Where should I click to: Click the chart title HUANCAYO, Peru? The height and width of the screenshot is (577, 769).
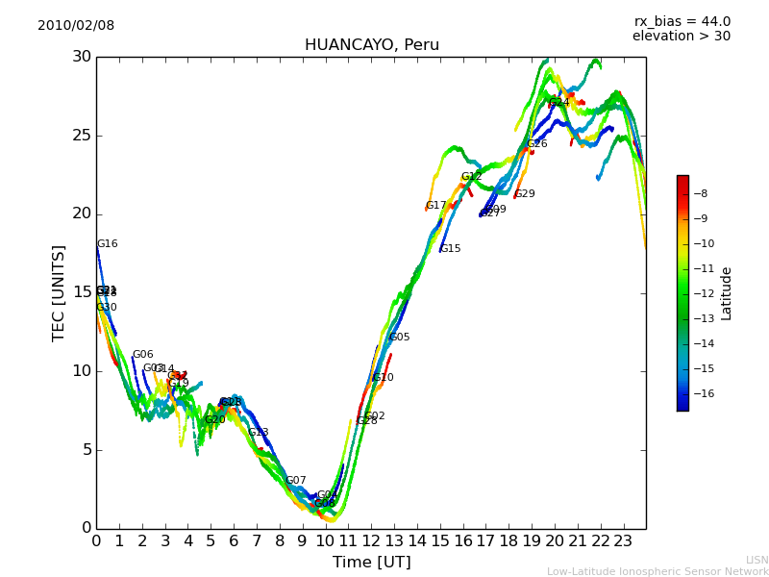(x=371, y=45)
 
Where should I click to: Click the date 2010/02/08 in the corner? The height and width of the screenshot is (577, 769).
(x=76, y=26)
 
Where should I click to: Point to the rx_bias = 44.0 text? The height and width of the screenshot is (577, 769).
(x=682, y=22)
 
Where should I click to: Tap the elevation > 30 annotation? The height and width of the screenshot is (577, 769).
(x=681, y=37)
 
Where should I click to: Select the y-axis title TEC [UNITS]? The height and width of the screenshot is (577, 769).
(x=60, y=292)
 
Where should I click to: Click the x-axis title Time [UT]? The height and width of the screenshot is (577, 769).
(x=371, y=563)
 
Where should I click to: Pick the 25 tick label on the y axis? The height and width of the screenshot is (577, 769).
(x=80, y=136)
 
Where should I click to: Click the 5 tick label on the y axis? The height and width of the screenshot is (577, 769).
(x=85, y=449)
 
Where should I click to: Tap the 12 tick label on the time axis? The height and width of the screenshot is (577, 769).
(x=371, y=540)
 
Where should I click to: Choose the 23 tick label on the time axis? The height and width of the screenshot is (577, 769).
(x=623, y=540)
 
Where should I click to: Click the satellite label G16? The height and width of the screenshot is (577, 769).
(x=107, y=244)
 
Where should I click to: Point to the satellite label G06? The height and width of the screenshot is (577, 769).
(x=142, y=355)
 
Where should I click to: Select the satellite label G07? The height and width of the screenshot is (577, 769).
(x=295, y=481)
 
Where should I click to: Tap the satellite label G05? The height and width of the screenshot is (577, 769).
(x=399, y=338)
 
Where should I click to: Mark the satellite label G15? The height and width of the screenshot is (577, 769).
(x=450, y=249)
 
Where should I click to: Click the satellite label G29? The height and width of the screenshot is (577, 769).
(x=525, y=194)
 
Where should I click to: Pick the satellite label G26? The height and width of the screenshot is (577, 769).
(x=536, y=144)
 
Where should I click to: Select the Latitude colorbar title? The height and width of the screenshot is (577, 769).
(x=727, y=293)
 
